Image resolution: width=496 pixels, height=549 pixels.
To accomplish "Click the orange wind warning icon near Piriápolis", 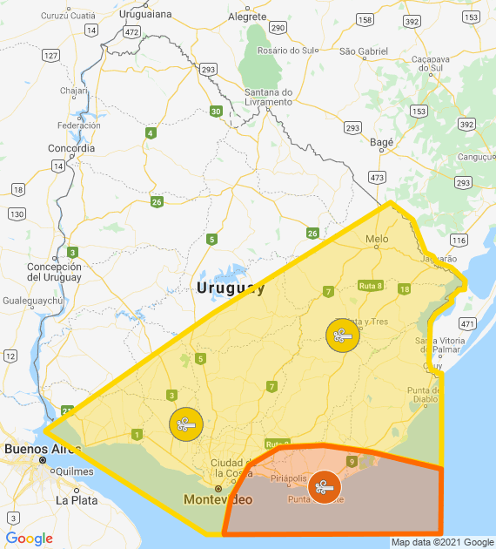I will point(325,486).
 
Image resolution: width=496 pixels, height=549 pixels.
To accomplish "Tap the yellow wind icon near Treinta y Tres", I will point(343,335).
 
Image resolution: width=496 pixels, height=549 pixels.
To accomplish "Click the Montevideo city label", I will point(218,499).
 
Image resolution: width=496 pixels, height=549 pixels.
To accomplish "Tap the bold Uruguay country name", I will point(231,288).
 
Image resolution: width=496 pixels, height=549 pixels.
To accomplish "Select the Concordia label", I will point(71,148).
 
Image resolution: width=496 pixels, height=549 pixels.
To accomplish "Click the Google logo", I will point(29,538).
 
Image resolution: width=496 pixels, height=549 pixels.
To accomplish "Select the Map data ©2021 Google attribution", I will point(441,542).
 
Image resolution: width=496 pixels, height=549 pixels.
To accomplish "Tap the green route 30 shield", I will point(216,111).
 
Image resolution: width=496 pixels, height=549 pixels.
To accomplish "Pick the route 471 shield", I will point(468,323).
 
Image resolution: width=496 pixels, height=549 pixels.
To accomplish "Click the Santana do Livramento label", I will point(268,97).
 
